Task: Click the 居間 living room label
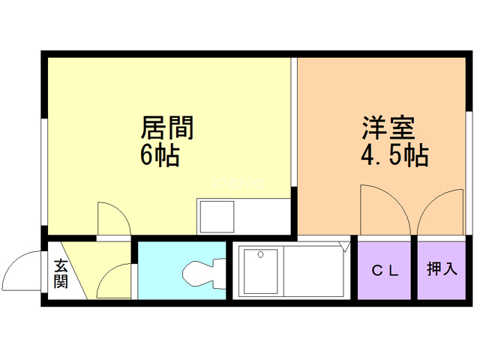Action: coord(167,127)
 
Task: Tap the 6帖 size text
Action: coord(159,157)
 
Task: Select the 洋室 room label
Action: coord(388,127)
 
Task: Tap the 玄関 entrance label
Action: coord(61,273)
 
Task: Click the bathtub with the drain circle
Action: coord(259,269)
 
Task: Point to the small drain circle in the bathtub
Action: coord(260,255)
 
